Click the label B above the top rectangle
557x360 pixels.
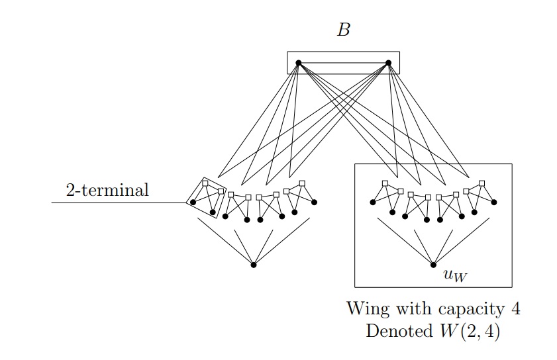pyautogui.click(x=344, y=30)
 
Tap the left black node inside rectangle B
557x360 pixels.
pyautogui.click(x=298, y=63)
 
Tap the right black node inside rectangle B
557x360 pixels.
pyautogui.click(x=389, y=63)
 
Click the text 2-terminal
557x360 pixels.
pyautogui.click(x=107, y=191)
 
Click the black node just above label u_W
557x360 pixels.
pyautogui.click(x=433, y=265)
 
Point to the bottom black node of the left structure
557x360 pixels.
pyautogui.click(x=254, y=265)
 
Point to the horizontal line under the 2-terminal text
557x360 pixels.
pyautogui.click(x=119, y=202)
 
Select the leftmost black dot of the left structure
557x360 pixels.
pyautogui.click(x=193, y=202)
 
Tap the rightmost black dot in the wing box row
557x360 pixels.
pyautogui.click(x=494, y=202)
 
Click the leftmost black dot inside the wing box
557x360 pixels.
pyautogui.click(x=373, y=202)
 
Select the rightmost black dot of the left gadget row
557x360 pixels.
pyautogui.click(x=314, y=202)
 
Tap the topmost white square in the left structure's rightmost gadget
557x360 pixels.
pyautogui.click(x=302, y=183)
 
